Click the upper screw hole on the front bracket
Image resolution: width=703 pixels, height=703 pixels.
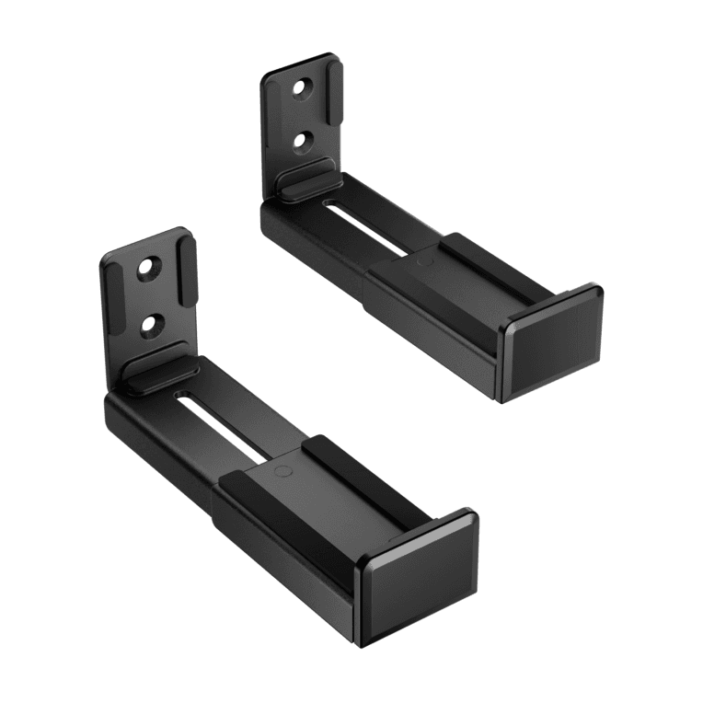[x=146, y=271]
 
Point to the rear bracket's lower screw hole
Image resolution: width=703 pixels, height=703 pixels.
[x=301, y=139]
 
